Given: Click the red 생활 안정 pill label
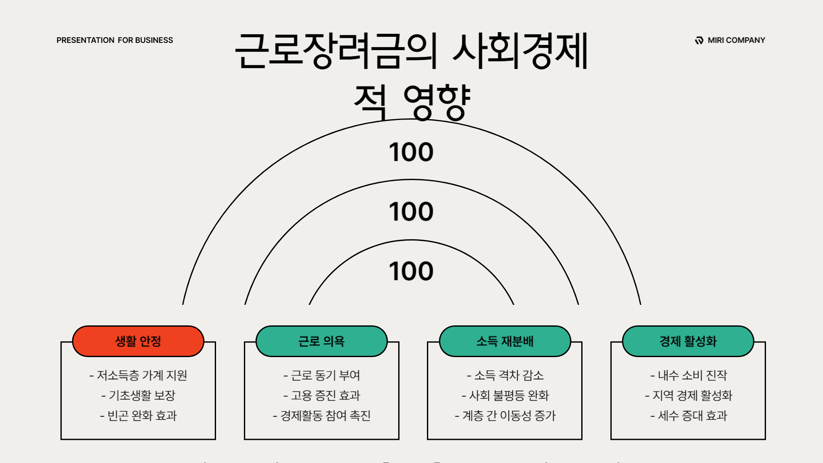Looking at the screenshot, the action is pyautogui.click(x=138, y=341).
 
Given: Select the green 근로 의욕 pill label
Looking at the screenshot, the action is pyautogui.click(x=321, y=341).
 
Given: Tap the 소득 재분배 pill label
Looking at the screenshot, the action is pyautogui.click(x=505, y=341).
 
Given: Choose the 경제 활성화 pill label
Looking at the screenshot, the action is pyautogui.click(x=688, y=341).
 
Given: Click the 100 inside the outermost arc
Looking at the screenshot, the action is pyautogui.click(x=411, y=152).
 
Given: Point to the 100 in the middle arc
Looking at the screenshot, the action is pyautogui.click(x=411, y=212).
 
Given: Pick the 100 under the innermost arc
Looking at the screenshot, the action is pyautogui.click(x=411, y=271).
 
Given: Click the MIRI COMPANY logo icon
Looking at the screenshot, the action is pyautogui.click(x=699, y=40).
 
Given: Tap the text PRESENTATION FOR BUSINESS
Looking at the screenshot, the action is pyautogui.click(x=115, y=40).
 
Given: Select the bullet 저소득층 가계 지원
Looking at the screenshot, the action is pyautogui.click(x=138, y=376).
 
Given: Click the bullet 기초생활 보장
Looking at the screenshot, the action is pyautogui.click(x=138, y=395).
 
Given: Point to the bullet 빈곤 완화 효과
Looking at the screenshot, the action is pyautogui.click(x=138, y=415).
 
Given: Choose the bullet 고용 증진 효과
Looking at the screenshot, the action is pyautogui.click(x=321, y=395).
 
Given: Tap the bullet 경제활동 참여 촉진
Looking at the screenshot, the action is pyautogui.click(x=321, y=415).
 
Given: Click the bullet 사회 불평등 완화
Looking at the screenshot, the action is pyautogui.click(x=505, y=395).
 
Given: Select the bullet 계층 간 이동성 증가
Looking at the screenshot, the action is pyautogui.click(x=505, y=415).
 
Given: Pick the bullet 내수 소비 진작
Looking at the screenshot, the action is pyautogui.click(x=688, y=376).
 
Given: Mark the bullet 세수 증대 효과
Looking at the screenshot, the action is pyautogui.click(x=688, y=415).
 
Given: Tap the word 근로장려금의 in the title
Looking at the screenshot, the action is pyautogui.click(x=336, y=51).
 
